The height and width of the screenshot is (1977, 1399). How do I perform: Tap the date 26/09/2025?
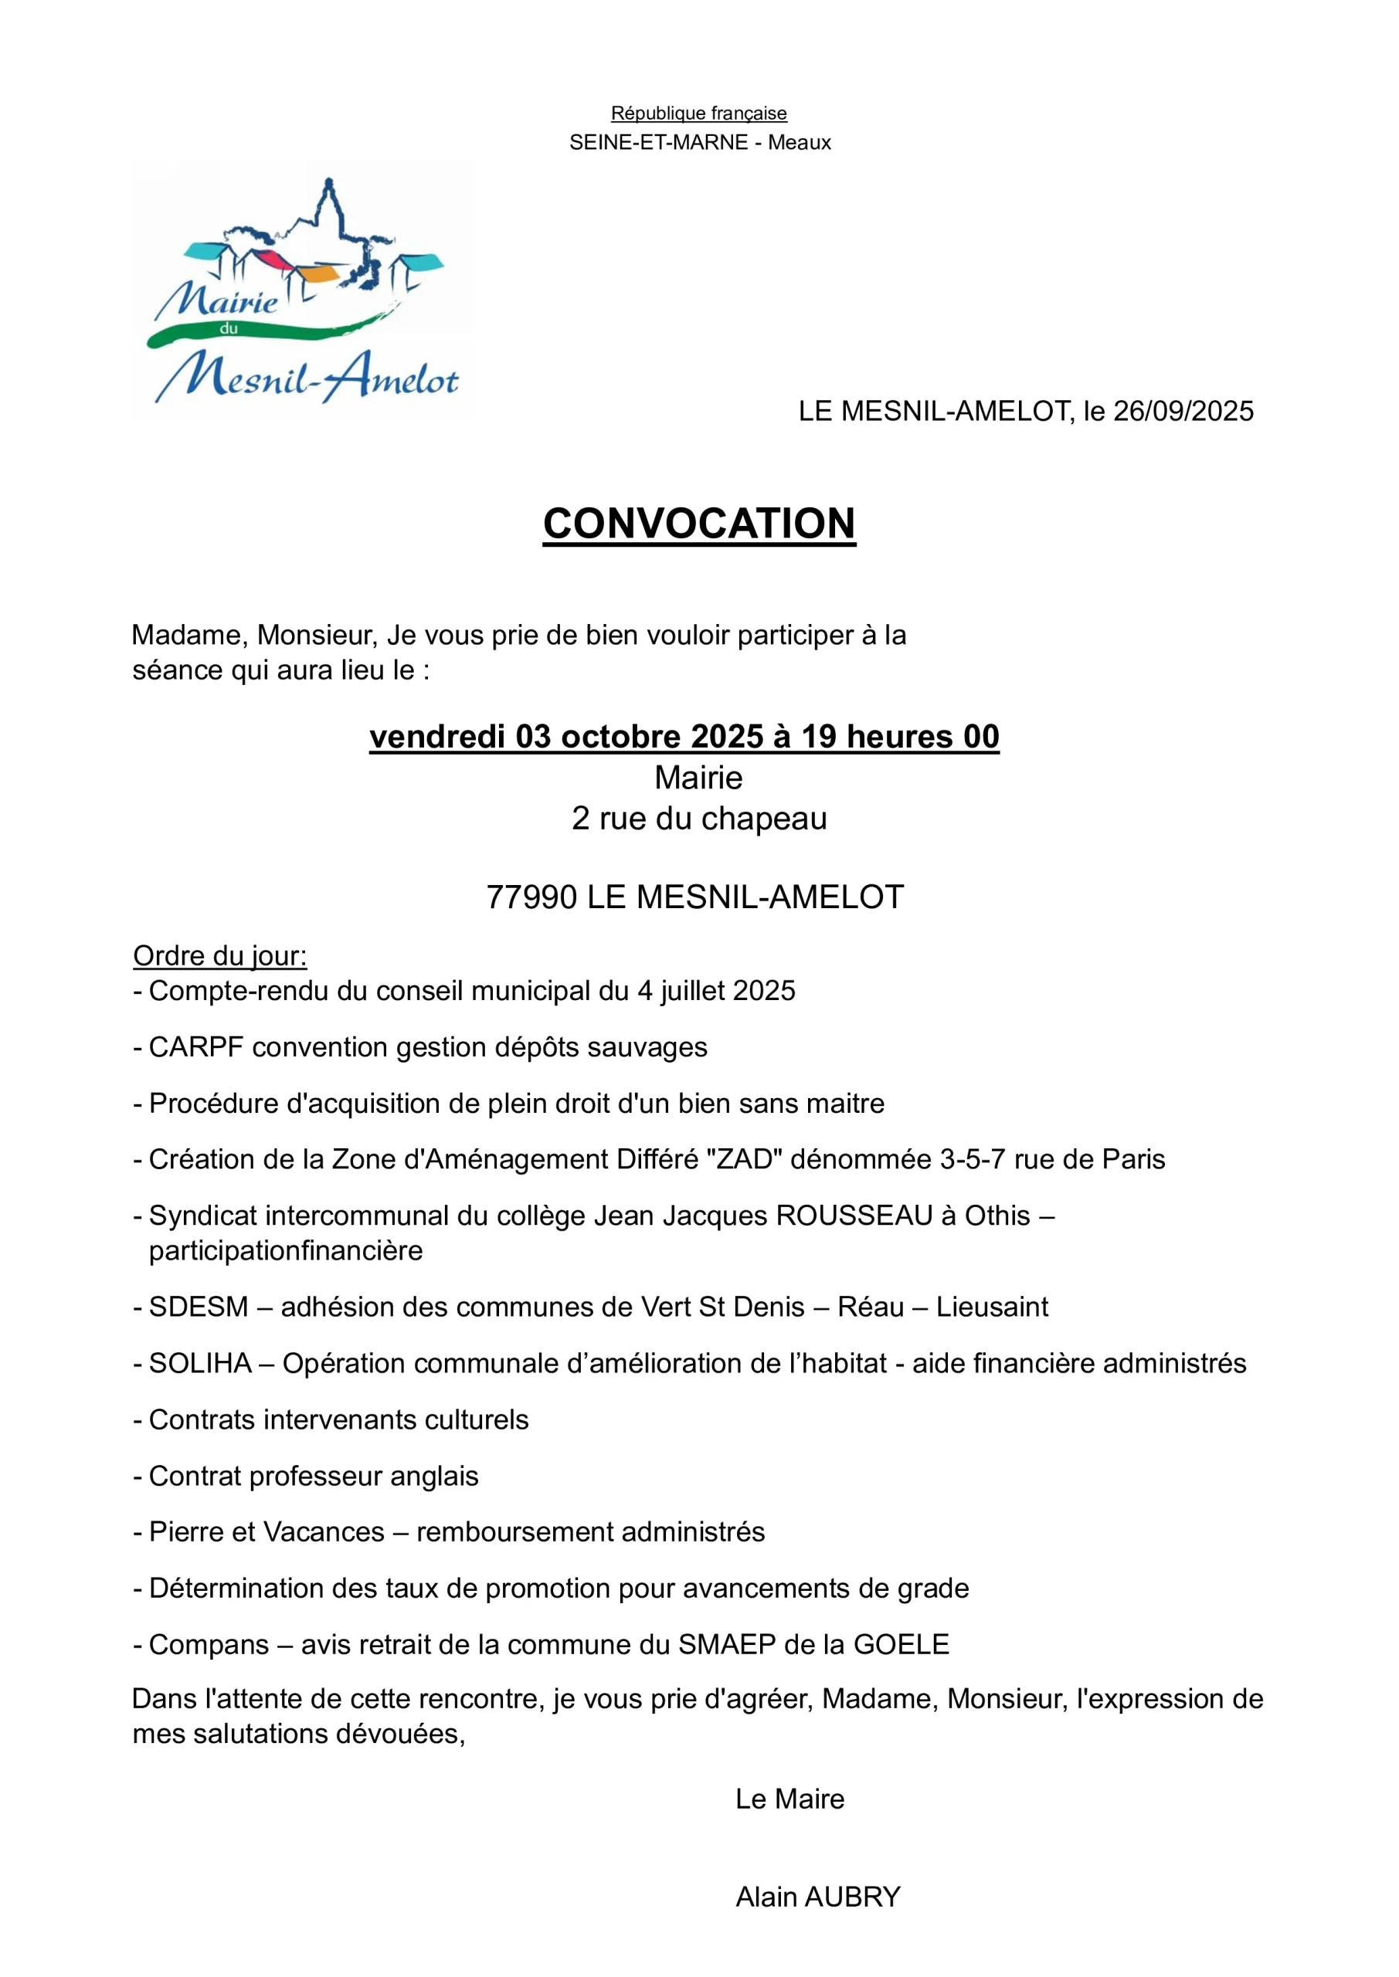tap(1183, 412)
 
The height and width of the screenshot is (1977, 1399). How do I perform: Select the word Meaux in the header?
tap(800, 142)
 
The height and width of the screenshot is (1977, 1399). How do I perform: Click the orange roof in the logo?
tap(316, 275)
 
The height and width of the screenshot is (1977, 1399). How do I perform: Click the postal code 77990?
tap(531, 897)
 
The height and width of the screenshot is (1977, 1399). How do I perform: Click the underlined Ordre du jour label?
tap(219, 956)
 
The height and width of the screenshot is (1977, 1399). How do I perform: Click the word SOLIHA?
tap(200, 1363)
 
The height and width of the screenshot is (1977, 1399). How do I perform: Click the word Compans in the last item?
tap(209, 1644)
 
